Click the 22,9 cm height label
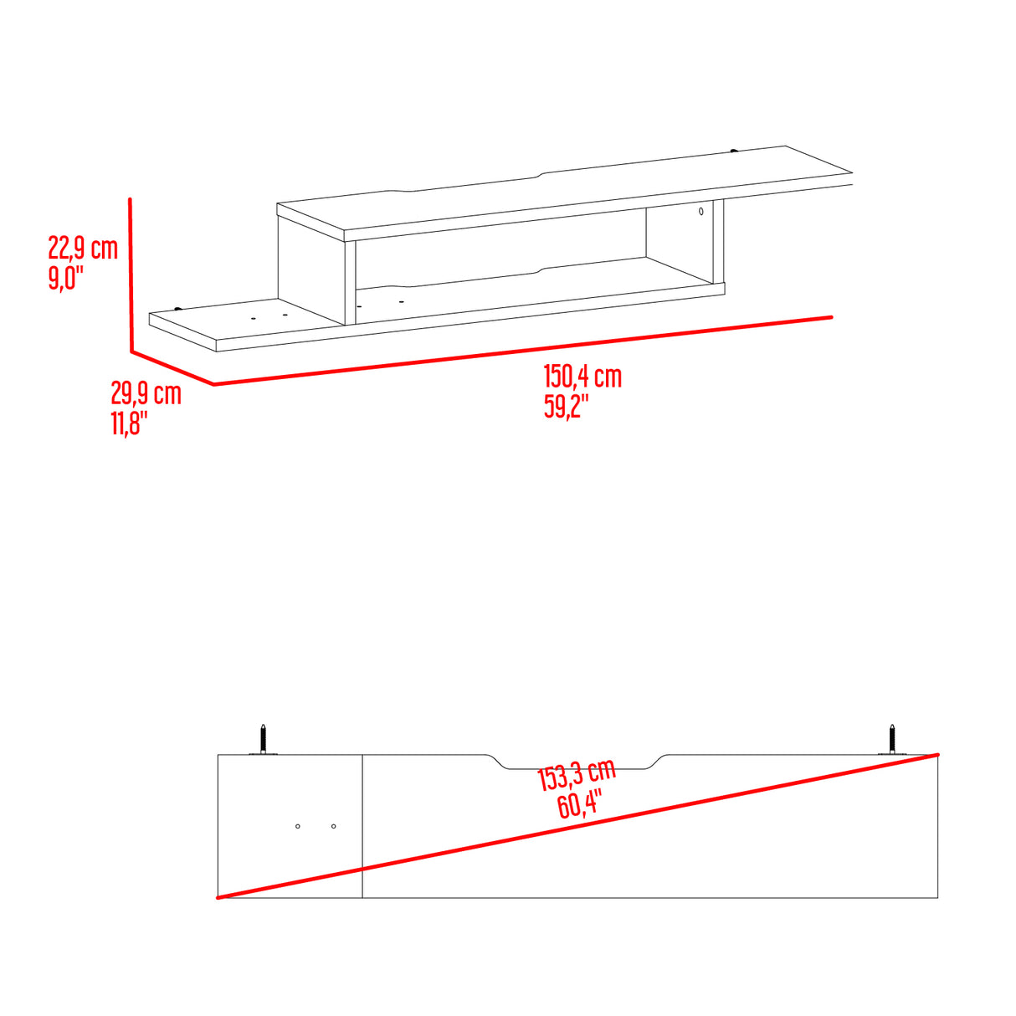(x=83, y=248)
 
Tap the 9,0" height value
(x=67, y=278)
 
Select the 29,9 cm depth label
(x=146, y=393)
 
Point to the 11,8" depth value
(x=130, y=423)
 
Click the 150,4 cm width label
(x=582, y=377)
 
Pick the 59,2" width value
(x=567, y=407)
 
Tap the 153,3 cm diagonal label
(x=577, y=776)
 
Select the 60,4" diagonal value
(x=579, y=807)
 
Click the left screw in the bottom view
(x=263, y=739)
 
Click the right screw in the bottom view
(x=893, y=739)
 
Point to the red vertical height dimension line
(x=131, y=276)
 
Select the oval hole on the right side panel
(x=701, y=213)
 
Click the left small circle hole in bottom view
(x=298, y=827)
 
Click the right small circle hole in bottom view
(x=333, y=827)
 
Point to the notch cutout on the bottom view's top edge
(x=577, y=763)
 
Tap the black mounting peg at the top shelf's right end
(x=734, y=151)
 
